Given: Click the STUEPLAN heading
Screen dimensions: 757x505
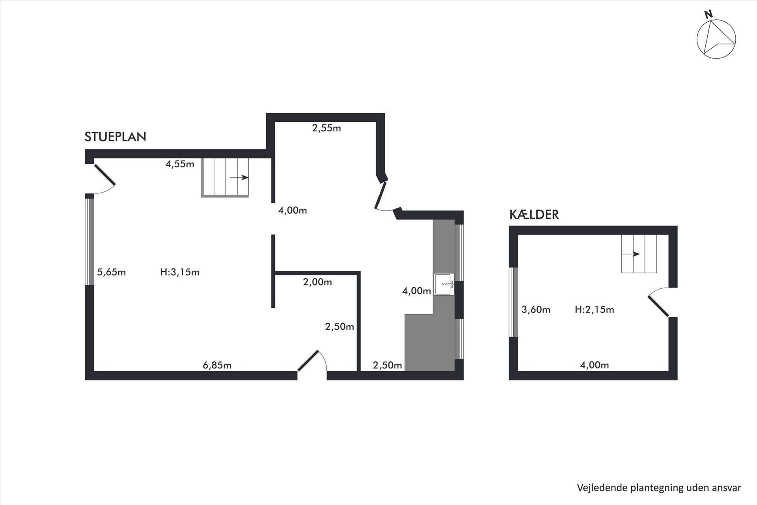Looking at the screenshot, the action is click(x=115, y=137).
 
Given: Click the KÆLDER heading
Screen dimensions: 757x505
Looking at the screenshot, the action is click(x=534, y=215).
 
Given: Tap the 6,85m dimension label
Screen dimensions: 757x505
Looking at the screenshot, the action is click(x=217, y=365).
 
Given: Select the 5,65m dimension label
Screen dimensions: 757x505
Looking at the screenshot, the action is click(x=111, y=272).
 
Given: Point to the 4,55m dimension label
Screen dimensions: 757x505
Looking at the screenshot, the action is click(x=180, y=164).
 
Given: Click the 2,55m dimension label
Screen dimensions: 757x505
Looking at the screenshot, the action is click(x=326, y=128).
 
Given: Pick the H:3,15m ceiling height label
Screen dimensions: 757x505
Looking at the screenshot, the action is click(x=180, y=272).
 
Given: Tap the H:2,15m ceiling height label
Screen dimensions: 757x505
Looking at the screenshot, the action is click(x=594, y=310).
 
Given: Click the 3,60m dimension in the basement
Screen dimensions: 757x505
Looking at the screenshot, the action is click(x=536, y=310).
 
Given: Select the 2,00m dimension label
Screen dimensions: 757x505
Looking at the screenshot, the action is click(x=317, y=282).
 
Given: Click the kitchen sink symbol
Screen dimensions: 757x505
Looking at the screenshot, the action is click(x=444, y=284).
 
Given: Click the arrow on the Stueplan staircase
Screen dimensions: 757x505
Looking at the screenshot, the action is click(x=239, y=178).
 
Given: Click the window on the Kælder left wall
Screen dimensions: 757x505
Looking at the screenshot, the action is click(x=513, y=302).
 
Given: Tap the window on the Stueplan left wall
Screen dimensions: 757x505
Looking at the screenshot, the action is click(x=90, y=241).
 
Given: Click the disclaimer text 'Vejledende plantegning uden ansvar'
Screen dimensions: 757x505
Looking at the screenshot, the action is click(x=659, y=488).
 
